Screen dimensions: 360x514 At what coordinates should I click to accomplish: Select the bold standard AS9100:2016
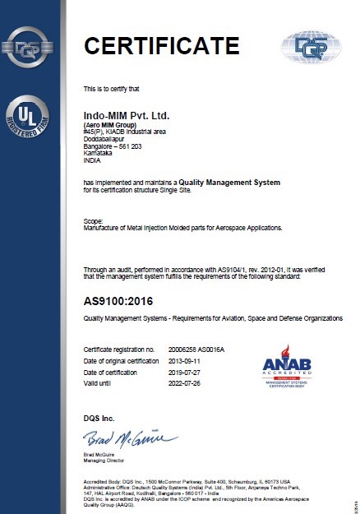pyautogui.click(x=122, y=299)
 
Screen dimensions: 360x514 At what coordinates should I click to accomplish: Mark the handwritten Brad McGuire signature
pyautogui.click(x=130, y=436)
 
